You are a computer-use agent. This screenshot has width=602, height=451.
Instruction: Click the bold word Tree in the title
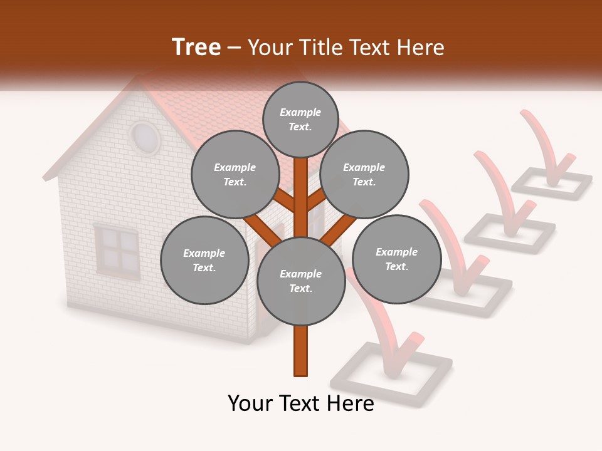point(196,48)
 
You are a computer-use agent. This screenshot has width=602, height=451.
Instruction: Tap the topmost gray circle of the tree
point(300,119)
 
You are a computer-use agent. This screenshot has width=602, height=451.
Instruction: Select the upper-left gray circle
point(235,175)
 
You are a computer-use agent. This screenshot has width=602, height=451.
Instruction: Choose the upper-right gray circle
point(364,175)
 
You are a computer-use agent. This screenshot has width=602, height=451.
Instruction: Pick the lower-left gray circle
point(204,260)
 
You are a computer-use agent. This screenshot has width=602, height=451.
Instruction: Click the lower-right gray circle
point(397,259)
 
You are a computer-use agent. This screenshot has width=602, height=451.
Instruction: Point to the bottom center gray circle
point(301,281)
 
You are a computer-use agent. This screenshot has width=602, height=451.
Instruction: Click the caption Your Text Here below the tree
point(301,403)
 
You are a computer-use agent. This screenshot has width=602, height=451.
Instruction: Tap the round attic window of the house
point(145,138)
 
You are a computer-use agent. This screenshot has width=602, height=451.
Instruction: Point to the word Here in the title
point(421,48)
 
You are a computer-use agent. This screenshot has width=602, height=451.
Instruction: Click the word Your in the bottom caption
point(250,403)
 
